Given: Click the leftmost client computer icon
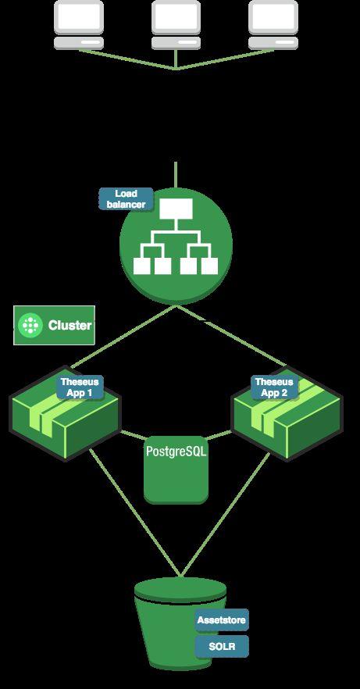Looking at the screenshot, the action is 79,25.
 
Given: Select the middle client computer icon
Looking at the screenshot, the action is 176,25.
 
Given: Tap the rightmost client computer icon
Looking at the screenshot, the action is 273,25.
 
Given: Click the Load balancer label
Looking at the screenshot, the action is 126,199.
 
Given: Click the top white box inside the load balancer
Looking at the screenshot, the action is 176,209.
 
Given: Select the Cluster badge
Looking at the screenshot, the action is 55,325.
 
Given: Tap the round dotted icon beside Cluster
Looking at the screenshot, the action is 30,325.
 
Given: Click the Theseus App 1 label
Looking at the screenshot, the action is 80,387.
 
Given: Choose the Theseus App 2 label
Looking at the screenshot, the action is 274,387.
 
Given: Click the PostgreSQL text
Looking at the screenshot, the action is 176,452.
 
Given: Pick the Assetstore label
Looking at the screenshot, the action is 222,620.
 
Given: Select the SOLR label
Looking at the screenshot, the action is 222,646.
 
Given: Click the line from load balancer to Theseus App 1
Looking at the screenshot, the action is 123,336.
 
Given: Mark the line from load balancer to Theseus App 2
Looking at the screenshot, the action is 231,335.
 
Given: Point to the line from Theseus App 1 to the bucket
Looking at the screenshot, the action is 135,512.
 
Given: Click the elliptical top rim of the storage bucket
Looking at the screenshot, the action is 180,589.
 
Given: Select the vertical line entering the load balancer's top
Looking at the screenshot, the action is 176,175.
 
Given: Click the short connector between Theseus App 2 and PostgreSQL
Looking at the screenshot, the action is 219,435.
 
